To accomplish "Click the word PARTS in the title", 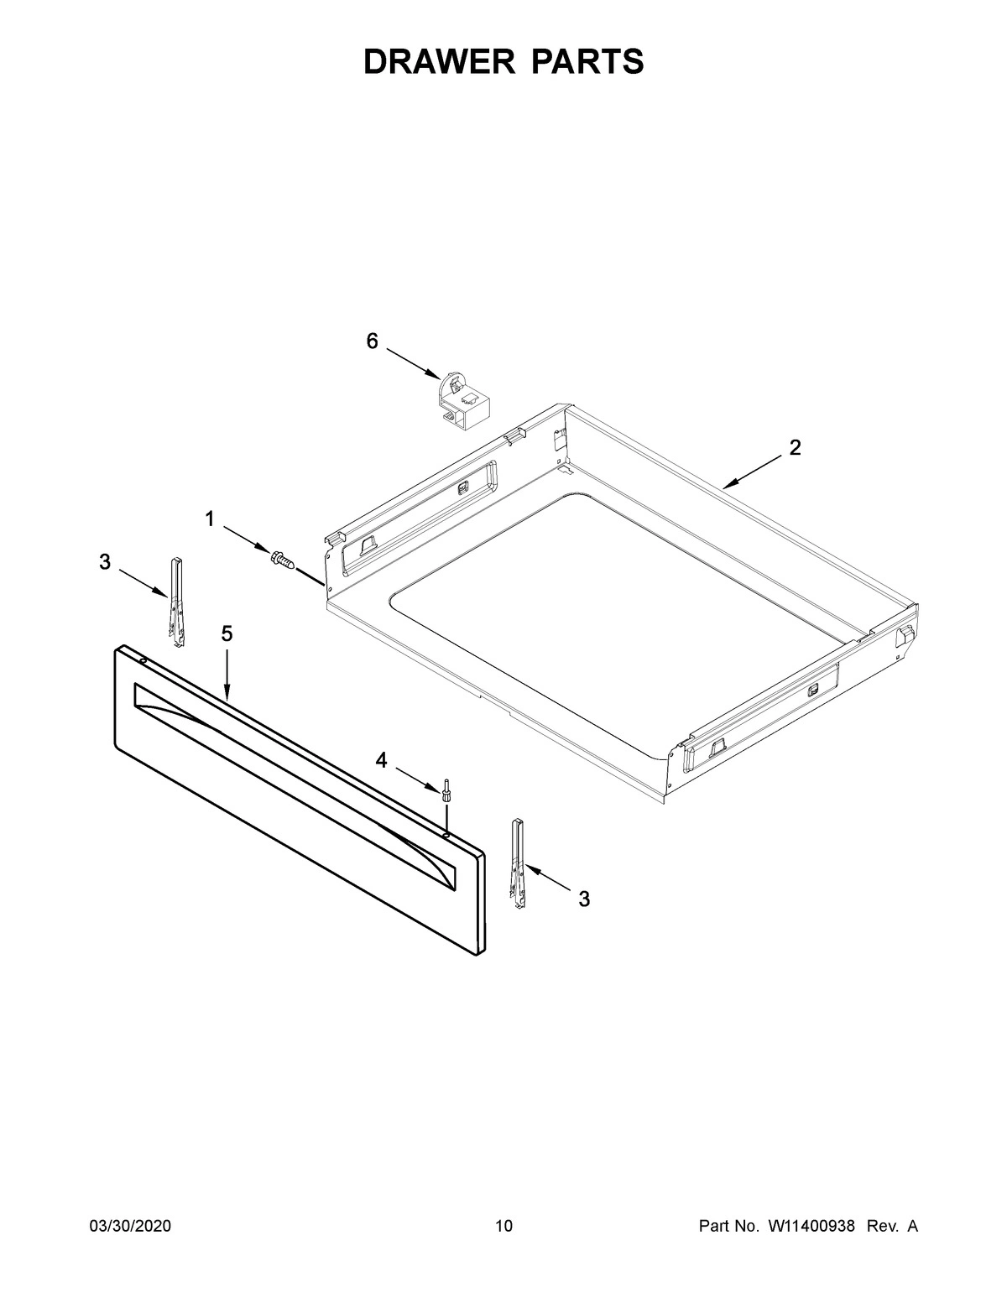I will [587, 61].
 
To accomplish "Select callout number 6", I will [372, 341].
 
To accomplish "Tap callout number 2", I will [795, 447].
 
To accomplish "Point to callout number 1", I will [210, 520].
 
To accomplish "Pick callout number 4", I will [382, 760].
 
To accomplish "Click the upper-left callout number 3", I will [104, 562].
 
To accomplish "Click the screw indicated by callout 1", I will [281, 557].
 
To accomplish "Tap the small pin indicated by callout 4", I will [446, 791].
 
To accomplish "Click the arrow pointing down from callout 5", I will [227, 672].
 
